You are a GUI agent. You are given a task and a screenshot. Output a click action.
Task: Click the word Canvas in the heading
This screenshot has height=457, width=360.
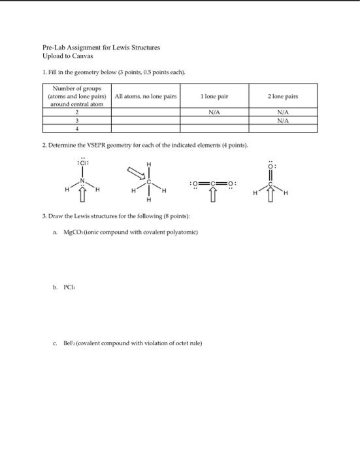pyautogui.click(x=78, y=56)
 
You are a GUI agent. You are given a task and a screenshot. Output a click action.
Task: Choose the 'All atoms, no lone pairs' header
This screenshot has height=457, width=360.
pyautogui.click(x=146, y=97)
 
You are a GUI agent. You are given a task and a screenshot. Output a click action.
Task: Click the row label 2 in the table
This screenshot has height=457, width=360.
pyautogui.click(x=78, y=112)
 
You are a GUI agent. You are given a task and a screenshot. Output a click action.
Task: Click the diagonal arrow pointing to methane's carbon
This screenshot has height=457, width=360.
pyautogui.click(x=134, y=172)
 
